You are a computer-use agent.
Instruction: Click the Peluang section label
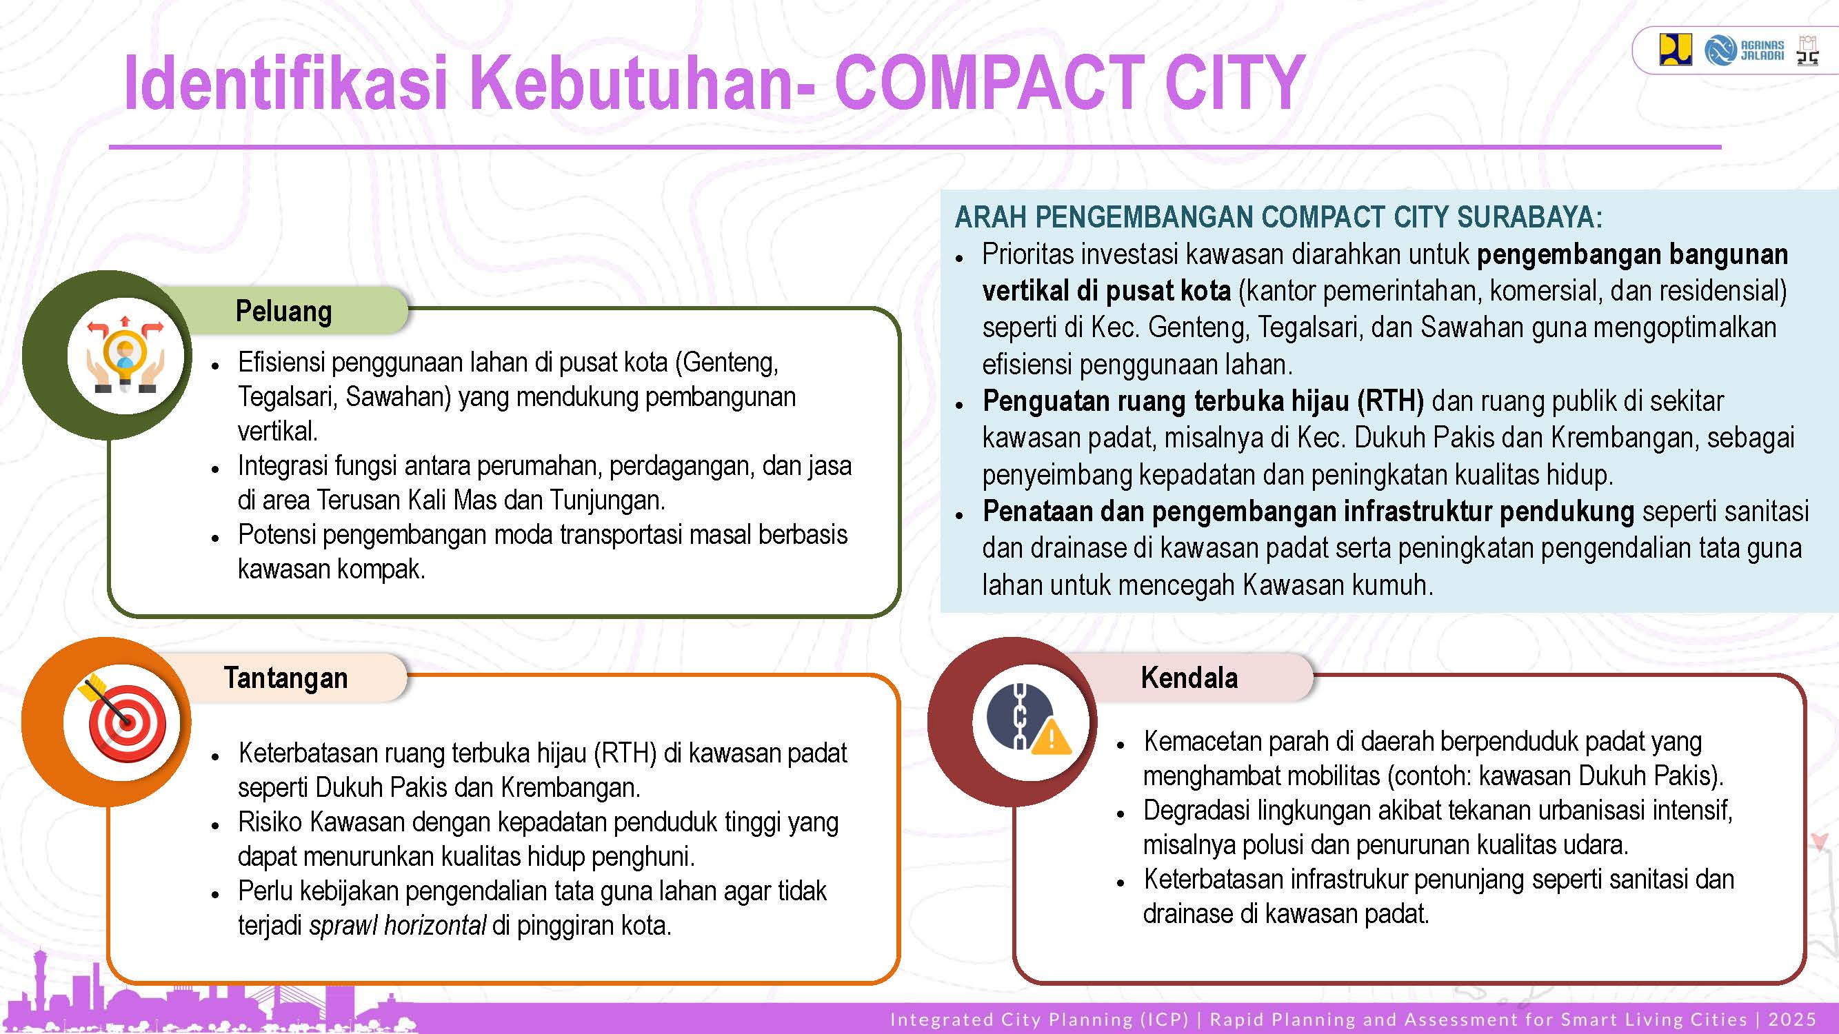click(x=284, y=312)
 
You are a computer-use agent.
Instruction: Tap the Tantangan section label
click(x=285, y=678)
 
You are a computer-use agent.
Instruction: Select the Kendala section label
click(x=1189, y=677)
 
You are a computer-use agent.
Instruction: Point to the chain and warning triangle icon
click(x=1029, y=718)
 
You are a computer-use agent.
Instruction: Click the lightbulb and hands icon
click(x=125, y=354)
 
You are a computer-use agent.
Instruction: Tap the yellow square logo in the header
click(x=1676, y=50)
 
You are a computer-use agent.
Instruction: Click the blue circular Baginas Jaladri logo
click(x=1720, y=50)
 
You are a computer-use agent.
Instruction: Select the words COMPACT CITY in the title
click(x=1069, y=83)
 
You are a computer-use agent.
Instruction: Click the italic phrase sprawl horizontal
click(x=398, y=926)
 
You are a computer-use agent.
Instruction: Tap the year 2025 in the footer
click(x=1792, y=1019)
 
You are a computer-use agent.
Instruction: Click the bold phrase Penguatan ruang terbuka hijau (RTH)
click(x=1203, y=401)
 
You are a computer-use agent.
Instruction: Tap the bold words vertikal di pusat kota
click(x=1107, y=290)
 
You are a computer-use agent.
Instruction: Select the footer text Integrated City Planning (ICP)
click(x=1039, y=1019)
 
